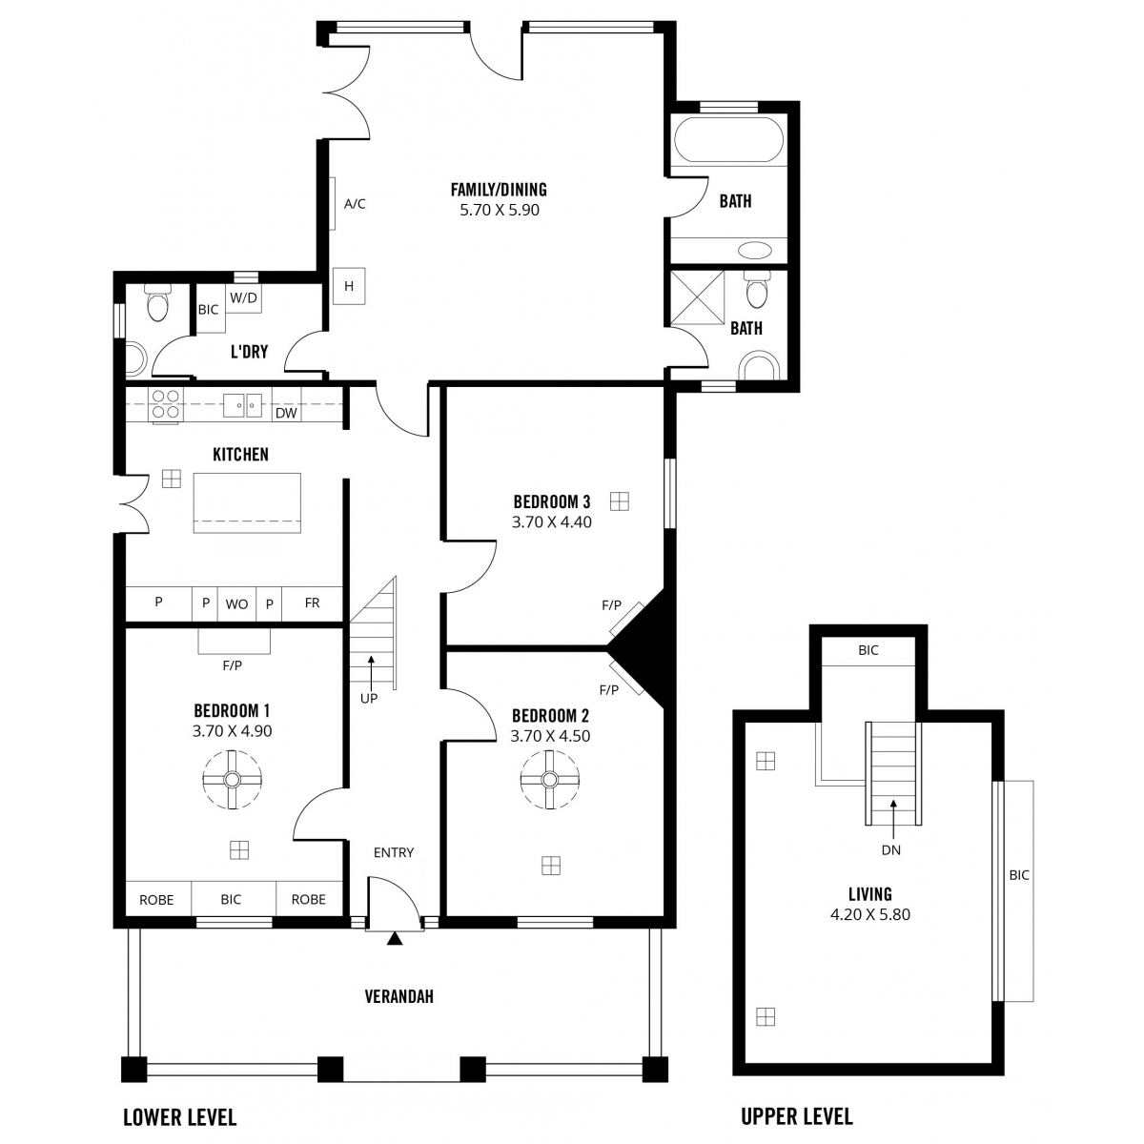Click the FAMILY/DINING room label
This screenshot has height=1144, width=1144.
[x=499, y=190]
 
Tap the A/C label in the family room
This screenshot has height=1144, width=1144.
[x=355, y=204]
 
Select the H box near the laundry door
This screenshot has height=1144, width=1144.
[x=349, y=286]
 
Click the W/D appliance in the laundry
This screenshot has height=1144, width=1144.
[x=243, y=298]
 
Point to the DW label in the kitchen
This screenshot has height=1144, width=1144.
[x=286, y=413]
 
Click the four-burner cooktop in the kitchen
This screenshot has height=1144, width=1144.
[x=166, y=403]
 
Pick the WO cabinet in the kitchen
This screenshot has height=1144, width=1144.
[x=236, y=604]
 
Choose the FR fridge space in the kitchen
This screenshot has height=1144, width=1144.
[x=313, y=603]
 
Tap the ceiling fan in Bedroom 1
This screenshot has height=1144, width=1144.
[x=232, y=779]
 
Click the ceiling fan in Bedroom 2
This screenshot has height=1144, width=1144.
[x=550, y=779]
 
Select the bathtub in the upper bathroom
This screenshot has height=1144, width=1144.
[x=728, y=139]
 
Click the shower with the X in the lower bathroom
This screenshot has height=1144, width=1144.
[x=698, y=297]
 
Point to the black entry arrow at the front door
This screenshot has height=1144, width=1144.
[x=395, y=938]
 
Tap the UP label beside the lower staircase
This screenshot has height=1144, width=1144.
[x=369, y=699]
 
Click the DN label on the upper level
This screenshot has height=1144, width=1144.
[x=891, y=850]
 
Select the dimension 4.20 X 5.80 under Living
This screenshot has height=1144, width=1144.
[x=869, y=914]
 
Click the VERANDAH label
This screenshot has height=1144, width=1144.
[x=398, y=997]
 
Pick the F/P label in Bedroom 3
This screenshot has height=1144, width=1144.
[x=611, y=605]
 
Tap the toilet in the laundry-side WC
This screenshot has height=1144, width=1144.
[x=158, y=303]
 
